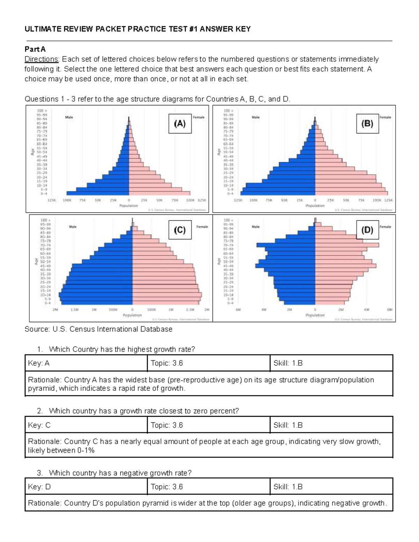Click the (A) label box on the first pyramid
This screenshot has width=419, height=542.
180,124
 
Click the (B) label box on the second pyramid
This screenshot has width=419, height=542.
367,124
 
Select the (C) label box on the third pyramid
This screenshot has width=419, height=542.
180,230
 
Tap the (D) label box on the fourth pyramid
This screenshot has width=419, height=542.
367,230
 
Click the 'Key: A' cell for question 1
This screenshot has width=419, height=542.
86,363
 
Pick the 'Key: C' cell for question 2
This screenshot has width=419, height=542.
86,425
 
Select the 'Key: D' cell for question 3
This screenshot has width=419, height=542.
86,487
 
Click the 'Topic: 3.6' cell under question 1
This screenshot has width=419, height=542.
208,363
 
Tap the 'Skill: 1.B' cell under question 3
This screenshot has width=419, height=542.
331,487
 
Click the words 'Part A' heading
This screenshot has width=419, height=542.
35,49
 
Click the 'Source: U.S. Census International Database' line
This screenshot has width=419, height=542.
98,329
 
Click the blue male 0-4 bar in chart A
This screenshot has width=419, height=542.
98,193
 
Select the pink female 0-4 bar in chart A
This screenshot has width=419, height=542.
159,193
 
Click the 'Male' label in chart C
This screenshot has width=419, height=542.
73,227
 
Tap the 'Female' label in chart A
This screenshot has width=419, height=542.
199,117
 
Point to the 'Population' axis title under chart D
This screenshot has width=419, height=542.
315,315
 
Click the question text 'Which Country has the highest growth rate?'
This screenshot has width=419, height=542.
122,349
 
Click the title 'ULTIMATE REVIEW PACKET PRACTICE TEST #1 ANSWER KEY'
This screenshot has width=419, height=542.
138,29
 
